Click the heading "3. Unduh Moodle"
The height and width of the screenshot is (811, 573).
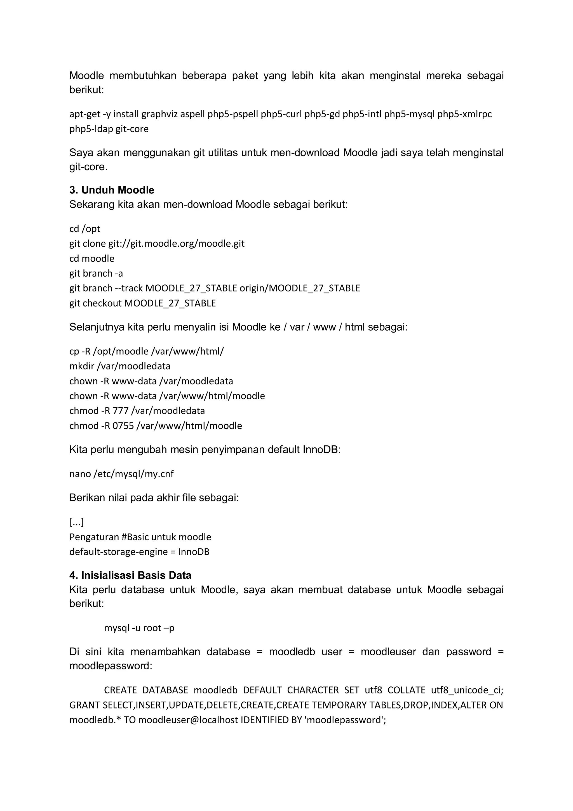[x=112, y=190]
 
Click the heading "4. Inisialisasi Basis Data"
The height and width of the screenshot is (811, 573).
[x=130, y=575]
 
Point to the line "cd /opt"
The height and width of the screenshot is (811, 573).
[x=85, y=229]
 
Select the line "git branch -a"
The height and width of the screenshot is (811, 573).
[x=96, y=274]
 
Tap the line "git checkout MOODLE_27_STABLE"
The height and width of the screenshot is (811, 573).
[x=142, y=303]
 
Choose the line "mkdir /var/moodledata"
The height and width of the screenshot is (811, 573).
[x=120, y=366]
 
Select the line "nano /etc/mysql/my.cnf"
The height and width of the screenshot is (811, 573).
[x=121, y=474]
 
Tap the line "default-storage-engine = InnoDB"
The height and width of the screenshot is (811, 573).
[x=139, y=552]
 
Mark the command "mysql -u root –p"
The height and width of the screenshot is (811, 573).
[x=139, y=628]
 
